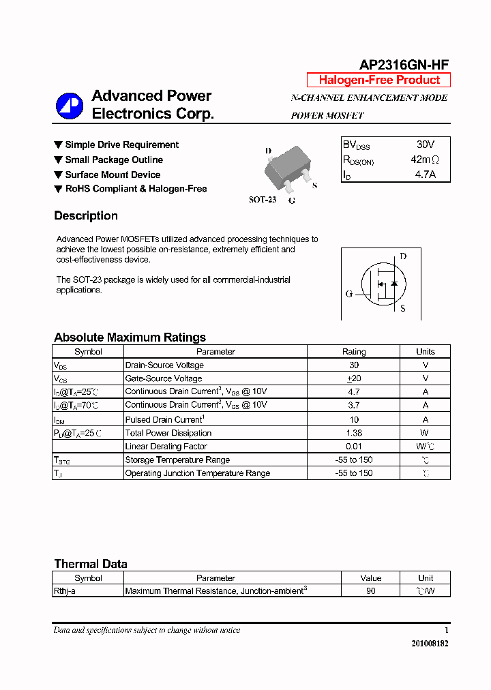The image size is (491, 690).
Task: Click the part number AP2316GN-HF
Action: (x=404, y=65)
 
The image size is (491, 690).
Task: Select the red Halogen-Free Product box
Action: (x=378, y=80)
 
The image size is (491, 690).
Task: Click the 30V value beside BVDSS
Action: (x=425, y=145)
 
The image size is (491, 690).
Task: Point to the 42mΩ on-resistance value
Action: (x=425, y=160)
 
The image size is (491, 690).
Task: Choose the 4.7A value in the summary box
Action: (x=425, y=175)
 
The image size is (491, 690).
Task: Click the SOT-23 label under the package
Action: (x=263, y=200)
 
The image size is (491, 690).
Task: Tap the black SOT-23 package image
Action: (x=288, y=171)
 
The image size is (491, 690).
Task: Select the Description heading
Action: (x=86, y=216)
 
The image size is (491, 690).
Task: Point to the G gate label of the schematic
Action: (x=348, y=295)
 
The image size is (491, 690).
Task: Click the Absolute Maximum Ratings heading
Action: (x=130, y=337)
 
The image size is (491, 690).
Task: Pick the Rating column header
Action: (x=353, y=352)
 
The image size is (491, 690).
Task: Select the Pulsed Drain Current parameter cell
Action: (x=164, y=419)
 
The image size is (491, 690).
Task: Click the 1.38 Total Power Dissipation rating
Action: (x=353, y=433)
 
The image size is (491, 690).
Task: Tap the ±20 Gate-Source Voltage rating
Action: (x=353, y=378)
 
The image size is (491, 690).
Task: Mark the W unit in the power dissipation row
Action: (x=425, y=433)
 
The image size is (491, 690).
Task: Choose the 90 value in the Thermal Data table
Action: (x=370, y=591)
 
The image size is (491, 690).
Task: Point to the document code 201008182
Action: (x=430, y=643)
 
